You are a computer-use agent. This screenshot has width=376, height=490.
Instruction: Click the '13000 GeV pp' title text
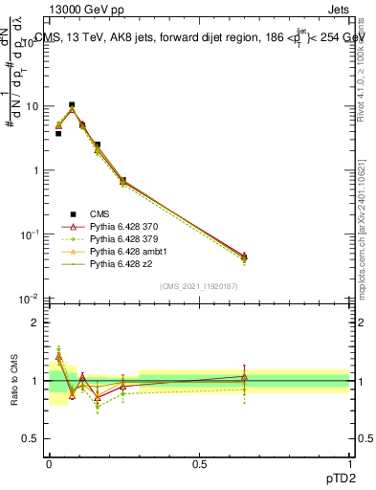tap(87, 11)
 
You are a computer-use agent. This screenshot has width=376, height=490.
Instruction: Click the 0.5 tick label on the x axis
tap(199, 463)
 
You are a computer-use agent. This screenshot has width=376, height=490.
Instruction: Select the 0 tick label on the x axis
tap(49, 463)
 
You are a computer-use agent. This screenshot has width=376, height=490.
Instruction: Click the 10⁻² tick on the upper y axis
tap(34, 299)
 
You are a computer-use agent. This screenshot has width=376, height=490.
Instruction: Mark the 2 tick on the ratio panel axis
tap(38, 323)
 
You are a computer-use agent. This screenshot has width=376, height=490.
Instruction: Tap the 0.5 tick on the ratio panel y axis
tap(34, 439)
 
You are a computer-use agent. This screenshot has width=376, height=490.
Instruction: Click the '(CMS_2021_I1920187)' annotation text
tap(199, 286)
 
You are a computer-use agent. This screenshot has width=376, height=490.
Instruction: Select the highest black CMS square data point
tap(72, 105)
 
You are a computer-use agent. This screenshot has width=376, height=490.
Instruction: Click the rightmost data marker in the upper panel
tap(244, 256)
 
